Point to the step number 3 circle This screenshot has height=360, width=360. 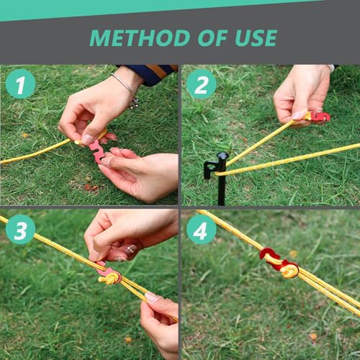(20, 229)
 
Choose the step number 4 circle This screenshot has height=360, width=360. (201, 229)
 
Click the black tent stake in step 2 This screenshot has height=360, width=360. (220, 176)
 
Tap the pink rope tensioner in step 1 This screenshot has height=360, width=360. (96, 149)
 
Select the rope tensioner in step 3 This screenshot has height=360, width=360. (109, 274)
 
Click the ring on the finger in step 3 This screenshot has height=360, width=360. (131, 249)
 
